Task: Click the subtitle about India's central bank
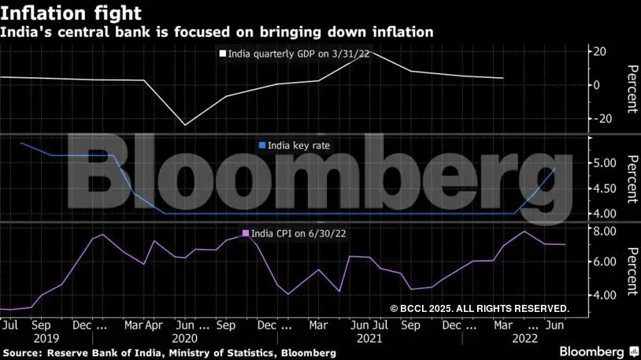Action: pyautogui.click(x=217, y=32)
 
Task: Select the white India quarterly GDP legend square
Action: pyautogui.click(x=222, y=55)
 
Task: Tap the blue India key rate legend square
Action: pyautogui.click(x=262, y=146)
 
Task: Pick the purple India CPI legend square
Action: pyautogui.click(x=246, y=233)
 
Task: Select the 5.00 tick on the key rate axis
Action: pyautogui.click(x=603, y=163)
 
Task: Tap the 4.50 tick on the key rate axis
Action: pyautogui.click(x=603, y=188)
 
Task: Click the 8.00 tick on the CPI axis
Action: pyautogui.click(x=603, y=231)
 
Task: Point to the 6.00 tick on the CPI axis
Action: pyautogui.click(x=603, y=262)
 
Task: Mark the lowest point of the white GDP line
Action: pyautogui.click(x=185, y=124)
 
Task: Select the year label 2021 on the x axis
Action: pyautogui.click(x=369, y=338)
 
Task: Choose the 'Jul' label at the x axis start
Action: pyautogui.click(x=10, y=324)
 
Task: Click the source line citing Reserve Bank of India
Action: pyautogui.click(x=169, y=353)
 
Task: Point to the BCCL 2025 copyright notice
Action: pyautogui.click(x=479, y=308)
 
